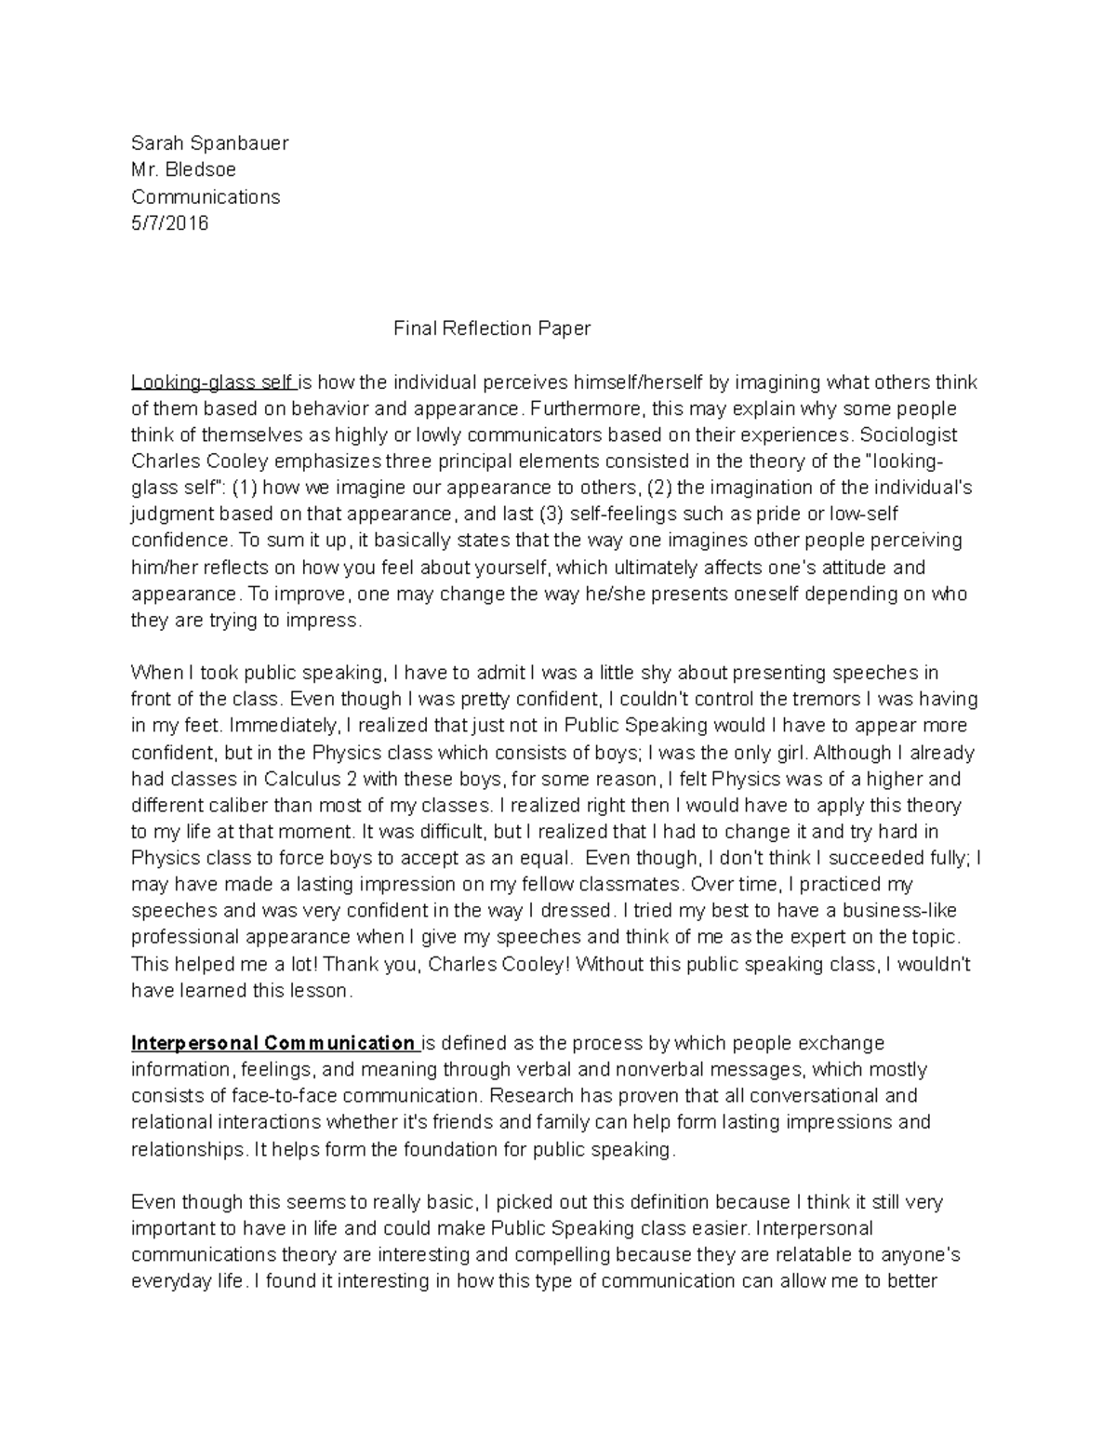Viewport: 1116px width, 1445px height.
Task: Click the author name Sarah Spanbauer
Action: [x=209, y=143]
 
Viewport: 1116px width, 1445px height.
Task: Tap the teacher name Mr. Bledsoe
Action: [x=183, y=170]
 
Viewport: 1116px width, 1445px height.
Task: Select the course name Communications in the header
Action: [x=205, y=197]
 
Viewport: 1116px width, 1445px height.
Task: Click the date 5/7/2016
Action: [x=169, y=223]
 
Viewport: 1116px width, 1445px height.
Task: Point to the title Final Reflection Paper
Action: [x=492, y=328]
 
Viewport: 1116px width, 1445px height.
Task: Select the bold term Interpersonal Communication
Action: [x=273, y=1042]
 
